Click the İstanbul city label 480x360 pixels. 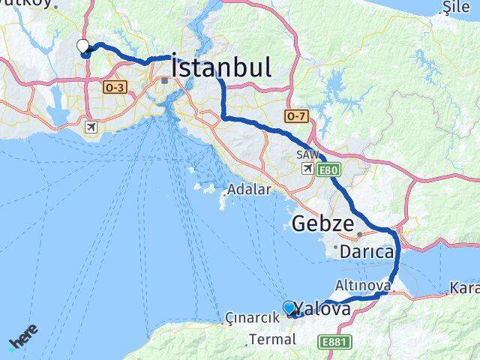pyautogui.click(x=221, y=67)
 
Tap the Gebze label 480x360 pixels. pyautogui.click(x=322, y=223)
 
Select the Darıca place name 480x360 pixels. pyautogui.click(x=367, y=252)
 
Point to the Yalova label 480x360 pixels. pyautogui.click(x=323, y=309)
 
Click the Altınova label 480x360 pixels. pyautogui.click(x=363, y=286)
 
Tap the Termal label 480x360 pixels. pyautogui.click(x=272, y=339)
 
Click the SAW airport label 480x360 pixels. pyautogui.click(x=305, y=154)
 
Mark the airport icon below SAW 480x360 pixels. pyautogui.click(x=307, y=168)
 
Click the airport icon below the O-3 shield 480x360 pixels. pyautogui.click(x=91, y=127)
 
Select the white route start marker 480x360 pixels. pyautogui.click(x=82, y=46)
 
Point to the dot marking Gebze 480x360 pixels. pyautogui.click(x=359, y=235)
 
